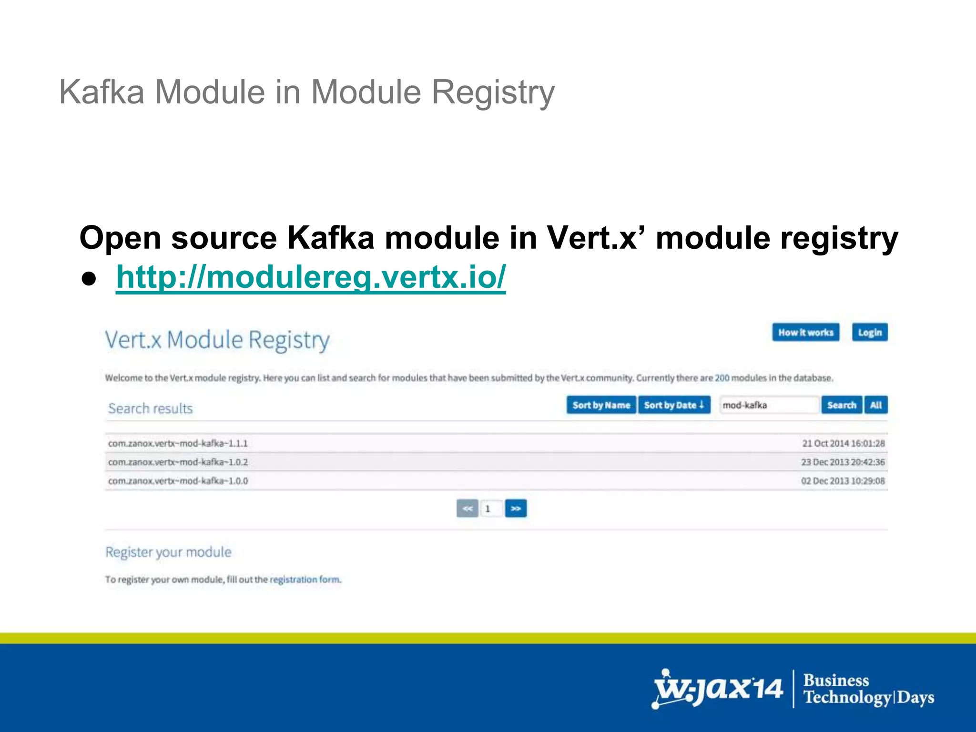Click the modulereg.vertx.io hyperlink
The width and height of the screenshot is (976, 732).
(311, 277)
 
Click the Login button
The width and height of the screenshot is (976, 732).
(870, 333)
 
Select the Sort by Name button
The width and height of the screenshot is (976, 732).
(601, 405)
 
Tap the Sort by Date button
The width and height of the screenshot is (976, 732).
(674, 405)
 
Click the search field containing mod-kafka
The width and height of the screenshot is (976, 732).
(768, 405)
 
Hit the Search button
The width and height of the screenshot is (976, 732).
(842, 405)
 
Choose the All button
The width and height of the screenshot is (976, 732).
(876, 405)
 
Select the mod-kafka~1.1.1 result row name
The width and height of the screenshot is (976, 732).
(178, 444)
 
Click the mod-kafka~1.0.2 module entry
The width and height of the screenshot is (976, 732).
(178, 462)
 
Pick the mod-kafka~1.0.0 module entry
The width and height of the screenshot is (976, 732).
(178, 481)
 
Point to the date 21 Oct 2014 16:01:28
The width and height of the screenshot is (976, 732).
(843, 444)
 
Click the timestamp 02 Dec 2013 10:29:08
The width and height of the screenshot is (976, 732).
(843, 481)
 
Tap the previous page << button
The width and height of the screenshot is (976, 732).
(467, 508)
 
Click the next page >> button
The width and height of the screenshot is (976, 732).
(516, 508)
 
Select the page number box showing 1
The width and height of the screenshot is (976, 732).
(491, 508)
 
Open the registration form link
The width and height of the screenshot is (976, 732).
(305, 579)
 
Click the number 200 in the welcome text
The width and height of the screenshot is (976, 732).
(722, 378)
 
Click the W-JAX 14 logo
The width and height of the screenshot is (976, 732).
(718, 689)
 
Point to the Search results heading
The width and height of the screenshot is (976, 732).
(150, 408)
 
